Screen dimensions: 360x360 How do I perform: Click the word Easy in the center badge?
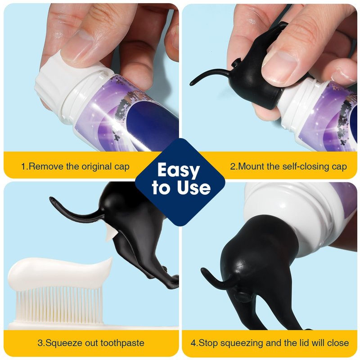coord(178,170)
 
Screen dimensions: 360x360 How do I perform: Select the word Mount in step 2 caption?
coord(252,166)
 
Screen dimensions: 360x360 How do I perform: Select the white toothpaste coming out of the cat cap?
coord(111,234)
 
